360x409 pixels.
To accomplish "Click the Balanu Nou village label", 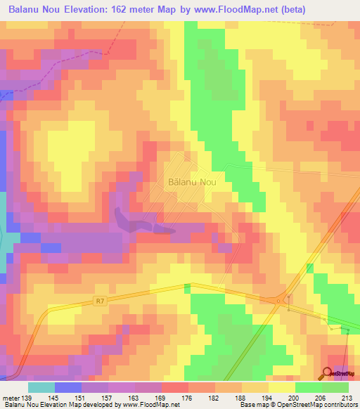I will [x=192, y=181].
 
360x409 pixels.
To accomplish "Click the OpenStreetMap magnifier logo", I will [x=329, y=372].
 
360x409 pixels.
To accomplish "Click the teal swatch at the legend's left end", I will [x=41, y=387].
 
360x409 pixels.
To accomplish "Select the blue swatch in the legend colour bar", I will [x=68, y=387].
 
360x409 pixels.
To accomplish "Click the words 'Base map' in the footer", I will [x=251, y=404].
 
